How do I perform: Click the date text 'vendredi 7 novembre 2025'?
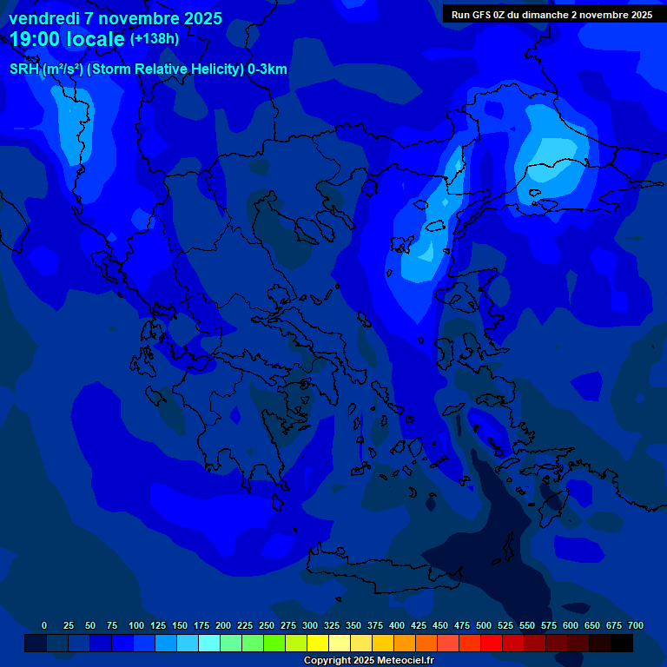coord(116,18)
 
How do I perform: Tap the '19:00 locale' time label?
coord(68,39)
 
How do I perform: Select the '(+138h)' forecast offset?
coord(155,39)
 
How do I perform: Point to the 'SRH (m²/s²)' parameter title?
coord(47,69)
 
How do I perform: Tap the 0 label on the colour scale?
coord(44,625)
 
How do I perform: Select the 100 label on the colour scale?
coord(136,625)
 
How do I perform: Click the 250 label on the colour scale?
coord(267,625)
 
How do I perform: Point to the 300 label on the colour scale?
coord(310,625)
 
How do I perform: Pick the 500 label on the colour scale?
coord(484,625)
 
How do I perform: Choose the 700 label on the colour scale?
coord(636,625)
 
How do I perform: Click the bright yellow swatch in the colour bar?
coord(318,644)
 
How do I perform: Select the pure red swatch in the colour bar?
coord(492,644)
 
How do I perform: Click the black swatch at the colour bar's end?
coord(622,644)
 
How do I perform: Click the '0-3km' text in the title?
coord(267,69)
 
